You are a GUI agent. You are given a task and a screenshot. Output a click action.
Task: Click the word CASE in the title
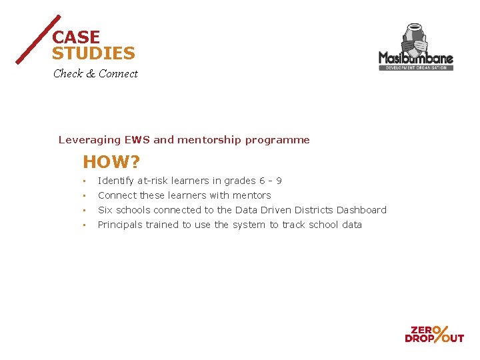76,38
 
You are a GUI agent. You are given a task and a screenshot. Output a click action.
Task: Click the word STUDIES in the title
93,54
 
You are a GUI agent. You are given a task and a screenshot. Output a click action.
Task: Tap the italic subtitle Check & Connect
95,74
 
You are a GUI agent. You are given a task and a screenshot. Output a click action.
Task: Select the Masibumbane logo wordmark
415,58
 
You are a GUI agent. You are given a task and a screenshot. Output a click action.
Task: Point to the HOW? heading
111,162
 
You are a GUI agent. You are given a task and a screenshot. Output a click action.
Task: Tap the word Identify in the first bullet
116,181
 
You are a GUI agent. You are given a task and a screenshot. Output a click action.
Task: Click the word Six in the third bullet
105,210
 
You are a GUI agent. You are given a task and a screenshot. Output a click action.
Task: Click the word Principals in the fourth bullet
120,225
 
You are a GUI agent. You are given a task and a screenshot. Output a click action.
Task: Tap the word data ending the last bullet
351,225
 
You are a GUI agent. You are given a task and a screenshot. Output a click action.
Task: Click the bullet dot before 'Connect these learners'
85,196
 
